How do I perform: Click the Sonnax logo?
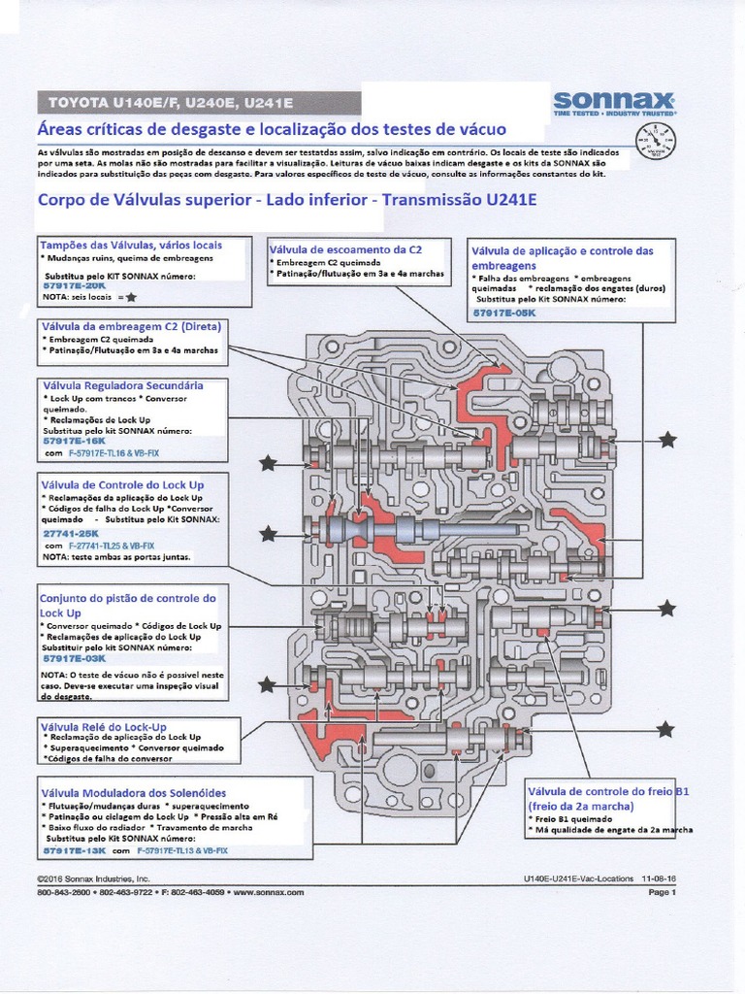614,102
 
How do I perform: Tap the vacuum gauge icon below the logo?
656,144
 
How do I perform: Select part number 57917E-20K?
74,286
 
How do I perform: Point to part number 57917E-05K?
503,313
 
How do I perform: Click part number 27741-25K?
72,533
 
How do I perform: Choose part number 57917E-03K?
74,658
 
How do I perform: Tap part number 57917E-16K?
74,441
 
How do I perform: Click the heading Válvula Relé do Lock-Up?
104,726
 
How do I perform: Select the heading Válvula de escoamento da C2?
345,249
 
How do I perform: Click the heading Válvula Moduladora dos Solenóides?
134,793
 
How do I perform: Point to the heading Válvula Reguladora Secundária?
122,385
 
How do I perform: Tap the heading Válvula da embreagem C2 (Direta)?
130,326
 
